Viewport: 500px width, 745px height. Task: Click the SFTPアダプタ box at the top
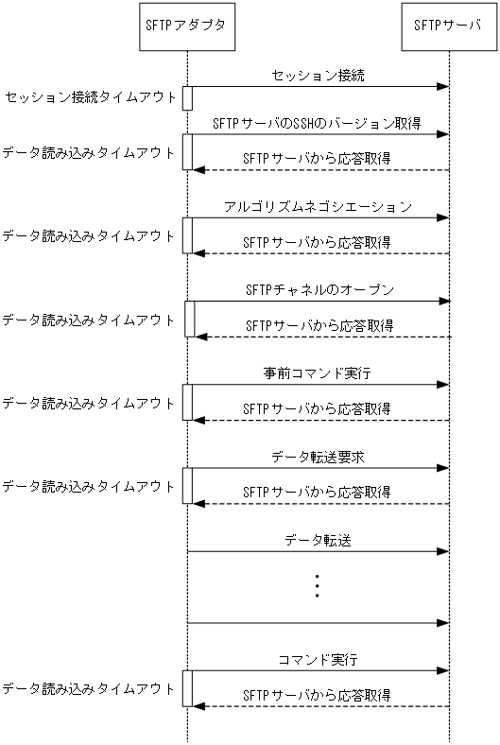click(187, 26)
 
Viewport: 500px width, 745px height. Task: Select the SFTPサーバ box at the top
click(448, 26)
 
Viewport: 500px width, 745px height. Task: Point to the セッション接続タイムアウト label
click(91, 97)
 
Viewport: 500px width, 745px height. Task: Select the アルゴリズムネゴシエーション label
click(318, 205)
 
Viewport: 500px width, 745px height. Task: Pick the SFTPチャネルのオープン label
click(318, 288)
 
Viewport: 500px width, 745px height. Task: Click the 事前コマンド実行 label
click(318, 372)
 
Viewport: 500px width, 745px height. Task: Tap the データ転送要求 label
click(318, 457)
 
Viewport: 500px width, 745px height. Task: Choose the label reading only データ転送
click(318, 541)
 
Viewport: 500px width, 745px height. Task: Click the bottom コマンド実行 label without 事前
click(318, 658)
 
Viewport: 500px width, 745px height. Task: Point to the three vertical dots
click(318, 585)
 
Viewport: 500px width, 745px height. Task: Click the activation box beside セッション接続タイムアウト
click(188, 97)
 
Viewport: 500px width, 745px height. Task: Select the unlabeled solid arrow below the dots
click(318, 623)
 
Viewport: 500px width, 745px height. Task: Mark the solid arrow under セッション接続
click(318, 87)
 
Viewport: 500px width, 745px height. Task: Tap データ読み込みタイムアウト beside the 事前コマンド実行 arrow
click(89, 403)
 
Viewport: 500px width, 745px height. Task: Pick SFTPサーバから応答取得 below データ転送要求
click(318, 493)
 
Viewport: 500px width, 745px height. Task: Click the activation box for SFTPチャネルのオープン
click(189, 319)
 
